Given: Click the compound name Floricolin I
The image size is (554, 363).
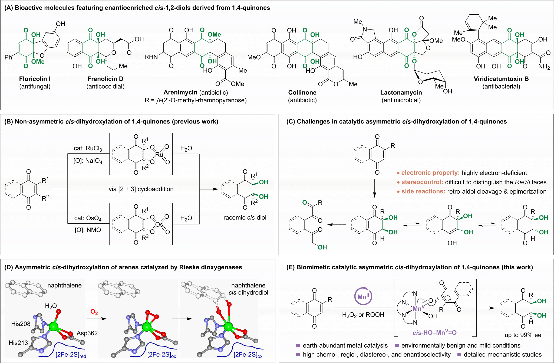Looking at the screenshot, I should [35, 79].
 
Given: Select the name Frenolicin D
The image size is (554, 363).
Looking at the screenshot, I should [105, 79].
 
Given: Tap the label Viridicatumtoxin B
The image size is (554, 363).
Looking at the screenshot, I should [501, 79].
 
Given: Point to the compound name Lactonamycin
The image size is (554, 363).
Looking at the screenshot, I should [401, 93].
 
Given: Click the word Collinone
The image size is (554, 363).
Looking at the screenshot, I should [302, 93].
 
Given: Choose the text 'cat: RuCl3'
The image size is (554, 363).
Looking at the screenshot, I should [88, 148].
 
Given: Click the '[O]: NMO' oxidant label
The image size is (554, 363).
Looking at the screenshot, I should [88, 230].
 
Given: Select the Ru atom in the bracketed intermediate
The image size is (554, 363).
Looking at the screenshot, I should [159, 155].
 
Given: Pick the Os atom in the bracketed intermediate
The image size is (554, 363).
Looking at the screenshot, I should [159, 225].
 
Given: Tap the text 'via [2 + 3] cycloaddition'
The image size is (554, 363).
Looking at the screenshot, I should [141, 189].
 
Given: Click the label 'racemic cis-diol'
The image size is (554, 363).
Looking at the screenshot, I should [245, 218].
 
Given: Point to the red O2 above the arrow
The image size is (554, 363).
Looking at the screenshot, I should [94, 312].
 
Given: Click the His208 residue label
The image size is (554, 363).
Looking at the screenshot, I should [21, 324].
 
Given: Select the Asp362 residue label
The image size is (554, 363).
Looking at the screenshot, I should [87, 333].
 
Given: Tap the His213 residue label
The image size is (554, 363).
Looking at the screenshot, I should [18, 343].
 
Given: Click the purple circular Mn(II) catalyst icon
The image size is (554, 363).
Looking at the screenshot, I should [363, 296].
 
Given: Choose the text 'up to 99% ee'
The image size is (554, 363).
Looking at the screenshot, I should [523, 335].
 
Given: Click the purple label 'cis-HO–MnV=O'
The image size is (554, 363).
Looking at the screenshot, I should [434, 333].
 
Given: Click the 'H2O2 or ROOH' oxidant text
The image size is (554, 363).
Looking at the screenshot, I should [363, 315].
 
